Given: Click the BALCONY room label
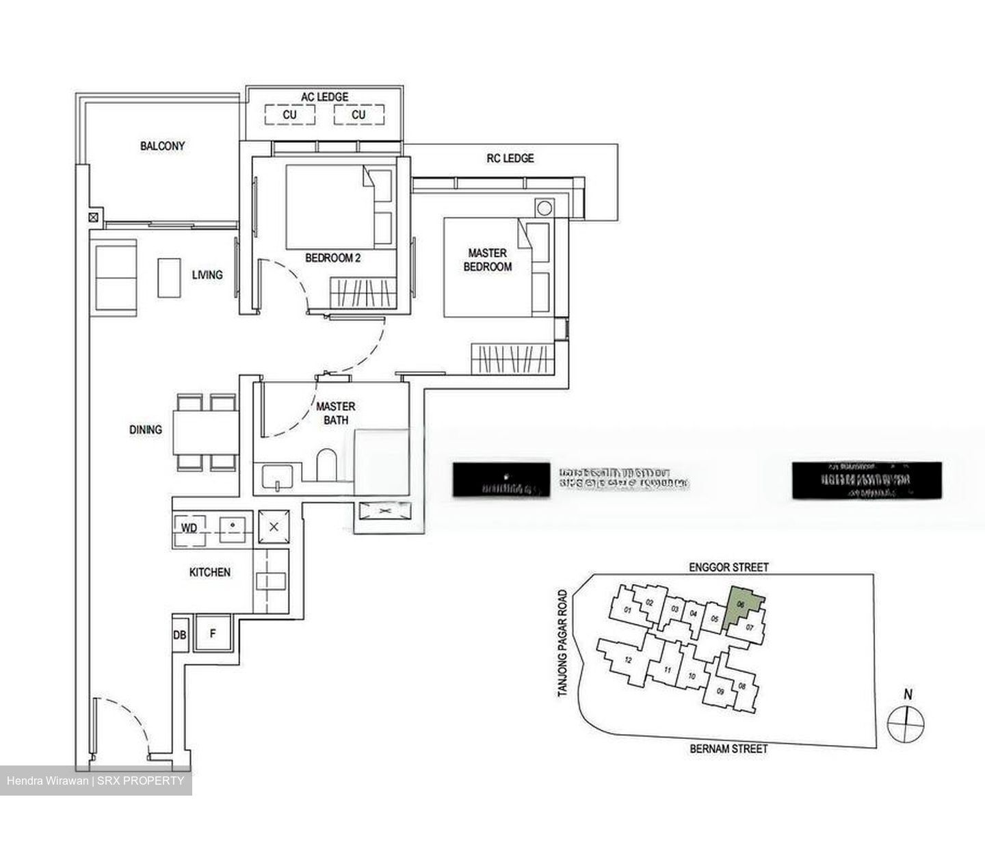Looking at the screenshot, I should pos(162,146).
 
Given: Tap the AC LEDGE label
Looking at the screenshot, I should pos(325,97).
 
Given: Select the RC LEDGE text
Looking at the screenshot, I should pos(510,158).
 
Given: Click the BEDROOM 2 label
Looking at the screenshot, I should pos(332,258).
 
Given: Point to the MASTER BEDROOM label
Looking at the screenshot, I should pos(488,260).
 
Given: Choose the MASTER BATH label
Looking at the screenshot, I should pos(335,413).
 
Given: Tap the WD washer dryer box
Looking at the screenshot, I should pos(189,529).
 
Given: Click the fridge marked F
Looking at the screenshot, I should pos(213,634).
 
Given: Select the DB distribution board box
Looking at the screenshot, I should pos(179,635).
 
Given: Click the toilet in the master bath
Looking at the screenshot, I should pos(328,464).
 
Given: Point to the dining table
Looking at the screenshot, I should pos(205,432).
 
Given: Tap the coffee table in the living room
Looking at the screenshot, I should pos(169,277).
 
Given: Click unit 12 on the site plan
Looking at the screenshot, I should pos(627,660).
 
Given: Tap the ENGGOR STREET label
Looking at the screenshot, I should pos(728,567).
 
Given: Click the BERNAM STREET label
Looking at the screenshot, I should pos(728,749).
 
